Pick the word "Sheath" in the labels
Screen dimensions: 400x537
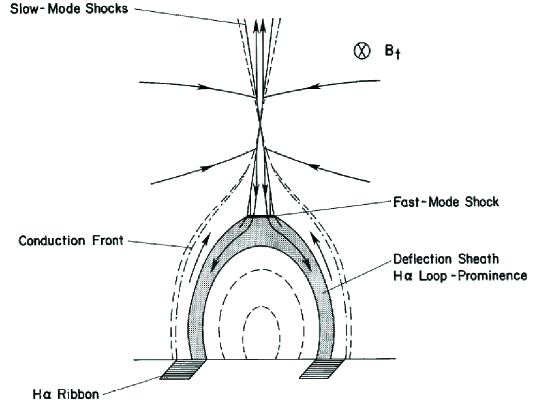pyautogui.click(x=474, y=257)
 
